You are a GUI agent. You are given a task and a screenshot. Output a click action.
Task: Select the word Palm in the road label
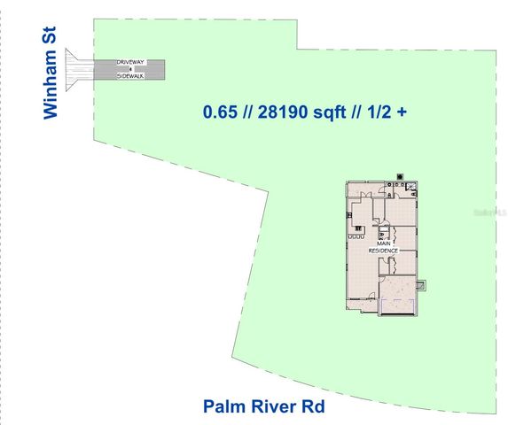222,406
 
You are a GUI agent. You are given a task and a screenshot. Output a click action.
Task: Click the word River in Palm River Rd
272,406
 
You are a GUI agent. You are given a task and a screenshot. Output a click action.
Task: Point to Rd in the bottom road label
313,406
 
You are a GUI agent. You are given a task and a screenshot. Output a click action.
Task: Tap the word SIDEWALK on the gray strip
133,76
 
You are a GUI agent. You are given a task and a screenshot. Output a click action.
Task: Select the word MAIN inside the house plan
385,244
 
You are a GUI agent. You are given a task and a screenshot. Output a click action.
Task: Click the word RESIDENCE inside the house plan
385,251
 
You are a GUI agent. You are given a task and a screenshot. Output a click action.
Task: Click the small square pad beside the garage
422,285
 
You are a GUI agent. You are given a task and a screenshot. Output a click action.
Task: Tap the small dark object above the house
401,175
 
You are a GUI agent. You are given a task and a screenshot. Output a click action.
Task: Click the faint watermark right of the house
487,213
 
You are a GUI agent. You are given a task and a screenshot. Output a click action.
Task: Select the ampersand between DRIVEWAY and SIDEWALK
133,69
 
